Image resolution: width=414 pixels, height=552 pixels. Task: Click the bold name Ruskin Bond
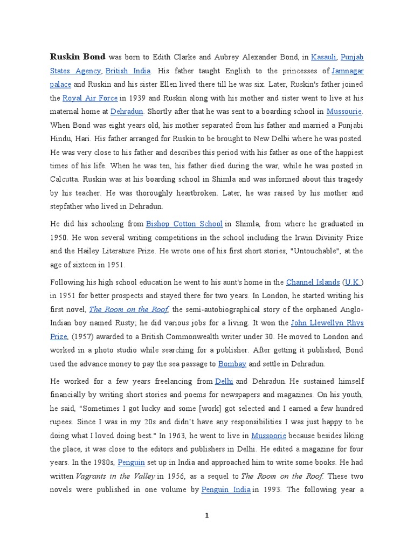78,56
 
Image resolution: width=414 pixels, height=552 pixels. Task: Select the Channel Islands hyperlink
313,282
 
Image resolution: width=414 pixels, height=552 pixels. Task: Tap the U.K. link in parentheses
354,282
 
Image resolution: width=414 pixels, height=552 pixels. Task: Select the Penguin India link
225,490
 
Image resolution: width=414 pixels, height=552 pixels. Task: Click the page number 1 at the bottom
206,515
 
